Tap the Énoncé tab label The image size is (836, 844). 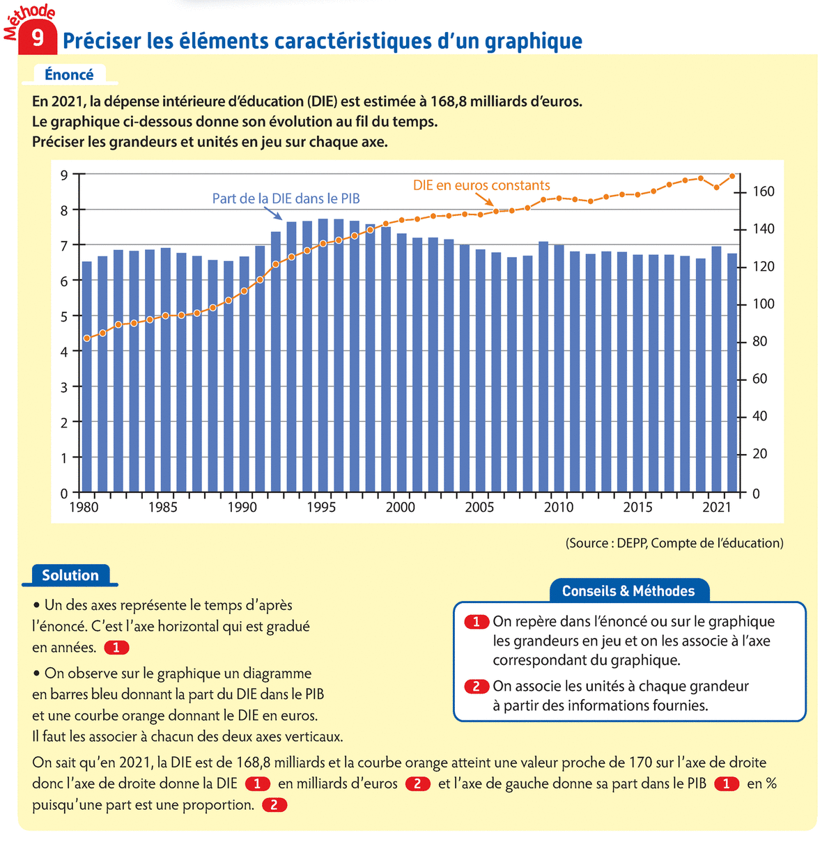click(x=69, y=75)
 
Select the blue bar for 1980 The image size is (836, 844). click(x=87, y=376)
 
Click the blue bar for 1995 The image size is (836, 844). click(x=323, y=355)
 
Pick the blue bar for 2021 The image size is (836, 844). click(x=716, y=369)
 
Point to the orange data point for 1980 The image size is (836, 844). click(x=87, y=338)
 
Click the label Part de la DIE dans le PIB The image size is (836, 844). click(x=286, y=198)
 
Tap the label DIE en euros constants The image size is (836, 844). click(x=481, y=185)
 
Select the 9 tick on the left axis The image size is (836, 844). click(x=64, y=175)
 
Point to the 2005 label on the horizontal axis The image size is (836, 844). click(x=479, y=508)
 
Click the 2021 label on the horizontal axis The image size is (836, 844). click(x=717, y=508)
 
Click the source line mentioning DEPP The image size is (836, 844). click(x=674, y=543)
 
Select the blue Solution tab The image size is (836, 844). click(x=70, y=575)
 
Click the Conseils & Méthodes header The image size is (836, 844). click(x=628, y=591)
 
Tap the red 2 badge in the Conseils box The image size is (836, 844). click(x=477, y=687)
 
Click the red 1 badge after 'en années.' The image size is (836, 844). click(x=116, y=648)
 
